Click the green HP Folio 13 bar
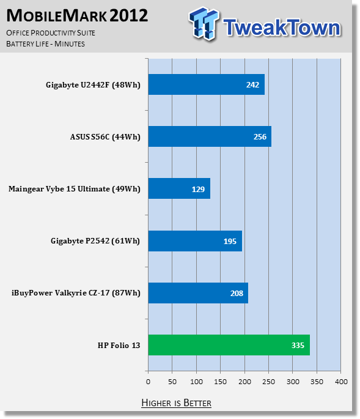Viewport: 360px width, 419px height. click(229, 345)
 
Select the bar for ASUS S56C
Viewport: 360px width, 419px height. click(210, 136)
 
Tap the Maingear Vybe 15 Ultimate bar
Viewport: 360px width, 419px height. click(179, 188)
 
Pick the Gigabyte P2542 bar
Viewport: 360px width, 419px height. click(195, 241)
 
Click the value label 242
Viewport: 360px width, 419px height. click(252, 84)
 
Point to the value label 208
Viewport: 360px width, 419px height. click(237, 293)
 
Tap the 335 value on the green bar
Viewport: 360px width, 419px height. click(298, 345)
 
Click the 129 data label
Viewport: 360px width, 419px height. click(198, 189)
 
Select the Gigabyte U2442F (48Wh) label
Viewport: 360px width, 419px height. click(93, 85)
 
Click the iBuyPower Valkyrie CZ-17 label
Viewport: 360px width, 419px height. click(76, 293)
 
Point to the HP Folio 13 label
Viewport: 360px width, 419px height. click(119, 345)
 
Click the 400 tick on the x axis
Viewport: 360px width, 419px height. click(341, 382)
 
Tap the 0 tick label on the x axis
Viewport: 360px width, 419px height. click(149, 382)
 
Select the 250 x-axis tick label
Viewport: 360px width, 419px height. click(268, 382)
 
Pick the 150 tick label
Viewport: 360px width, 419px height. click(220, 382)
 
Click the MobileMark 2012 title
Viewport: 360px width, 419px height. click(77, 15)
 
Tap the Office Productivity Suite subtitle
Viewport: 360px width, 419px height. click(51, 33)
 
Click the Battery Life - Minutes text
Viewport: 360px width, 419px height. click(45, 43)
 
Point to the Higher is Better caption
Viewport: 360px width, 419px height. click(176, 402)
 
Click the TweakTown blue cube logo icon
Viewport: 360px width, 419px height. click(204, 23)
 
